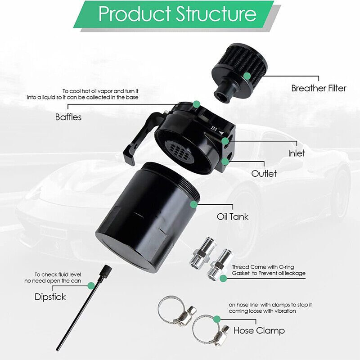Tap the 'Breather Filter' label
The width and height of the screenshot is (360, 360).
click(x=319, y=88)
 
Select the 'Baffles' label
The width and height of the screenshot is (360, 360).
click(x=68, y=117)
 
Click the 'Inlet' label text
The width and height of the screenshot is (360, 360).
click(x=297, y=153)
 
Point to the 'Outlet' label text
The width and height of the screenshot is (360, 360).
click(x=264, y=173)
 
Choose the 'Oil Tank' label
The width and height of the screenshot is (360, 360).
click(x=233, y=216)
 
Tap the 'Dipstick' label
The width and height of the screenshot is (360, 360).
click(x=50, y=297)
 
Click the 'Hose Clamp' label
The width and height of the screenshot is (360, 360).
click(x=259, y=331)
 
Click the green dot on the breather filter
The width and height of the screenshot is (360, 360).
click(x=247, y=76)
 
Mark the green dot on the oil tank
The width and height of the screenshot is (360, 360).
click(x=194, y=204)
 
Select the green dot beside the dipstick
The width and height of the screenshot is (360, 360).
click(x=91, y=286)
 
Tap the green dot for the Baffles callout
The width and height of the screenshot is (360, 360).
click(x=196, y=104)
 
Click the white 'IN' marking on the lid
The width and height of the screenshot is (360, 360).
click(x=214, y=129)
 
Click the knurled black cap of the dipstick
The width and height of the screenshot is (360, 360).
click(x=106, y=271)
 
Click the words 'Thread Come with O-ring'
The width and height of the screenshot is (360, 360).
click(x=263, y=267)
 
